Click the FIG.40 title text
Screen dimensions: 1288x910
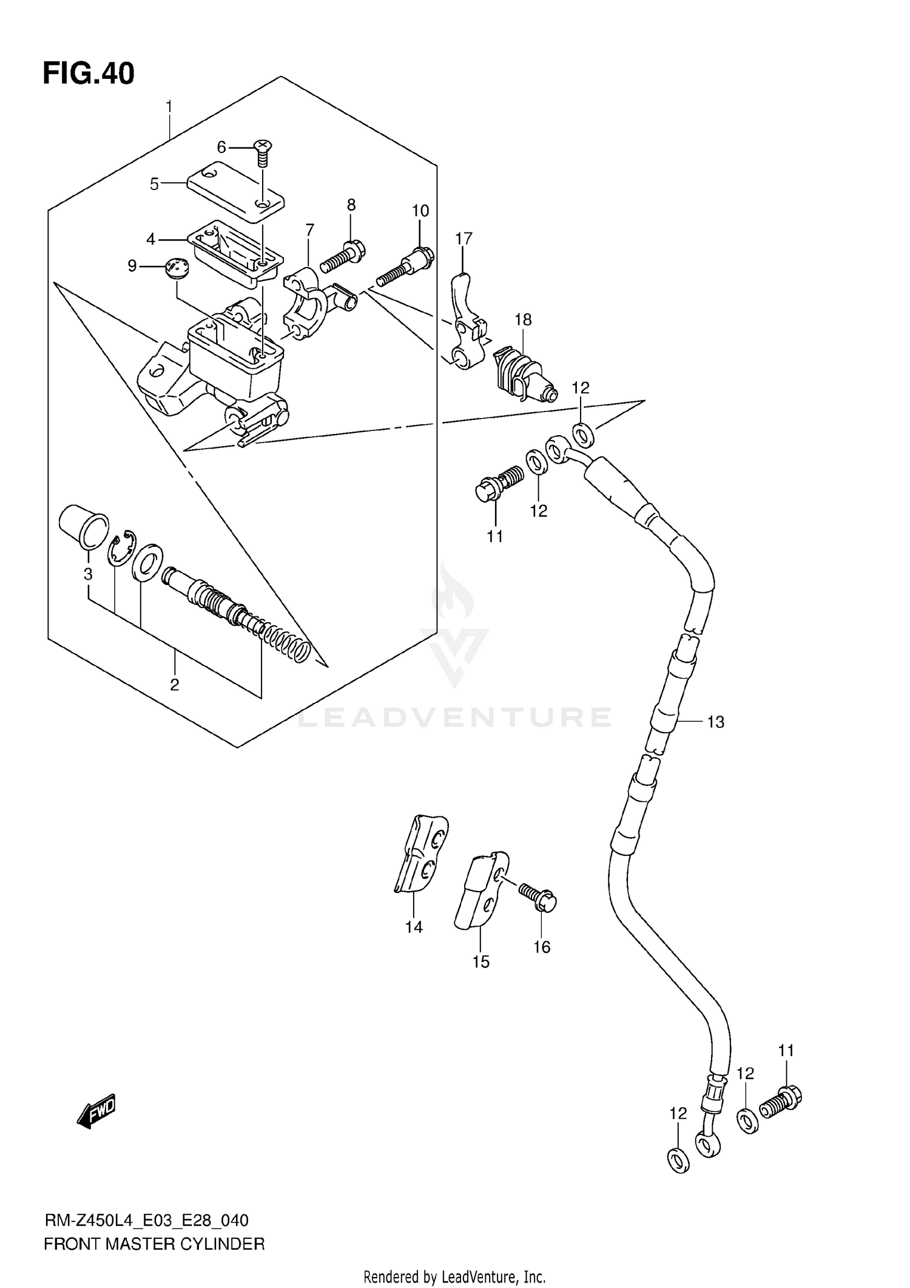pyautogui.click(x=89, y=74)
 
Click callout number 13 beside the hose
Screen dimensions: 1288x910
pyautogui.click(x=715, y=722)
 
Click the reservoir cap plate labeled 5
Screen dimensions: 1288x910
pyautogui.click(x=235, y=191)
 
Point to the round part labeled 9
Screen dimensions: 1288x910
pyautogui.click(x=177, y=268)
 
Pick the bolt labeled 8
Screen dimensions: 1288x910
pyautogui.click(x=343, y=256)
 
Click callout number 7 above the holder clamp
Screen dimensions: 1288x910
pyautogui.click(x=309, y=230)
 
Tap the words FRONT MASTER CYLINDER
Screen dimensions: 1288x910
pyautogui.click(x=154, y=1244)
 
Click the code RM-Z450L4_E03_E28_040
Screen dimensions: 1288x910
pyautogui.click(x=146, y=1220)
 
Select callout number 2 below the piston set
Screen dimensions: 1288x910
pyautogui.click(x=174, y=685)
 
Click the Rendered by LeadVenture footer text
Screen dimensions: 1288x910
pyautogui.click(x=454, y=1277)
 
